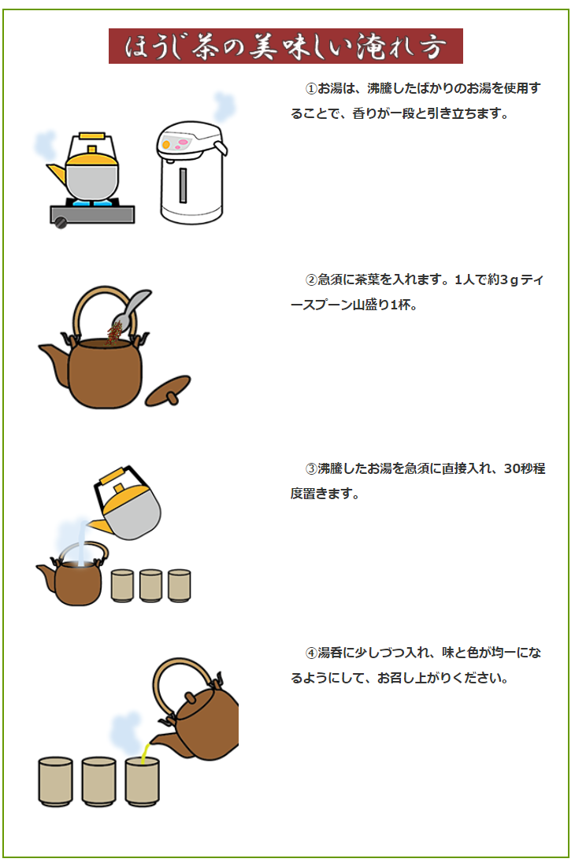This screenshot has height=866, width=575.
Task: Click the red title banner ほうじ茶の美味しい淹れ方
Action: click(x=285, y=46)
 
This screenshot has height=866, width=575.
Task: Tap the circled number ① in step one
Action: click(x=310, y=89)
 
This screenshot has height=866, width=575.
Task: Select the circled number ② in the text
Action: click(x=310, y=279)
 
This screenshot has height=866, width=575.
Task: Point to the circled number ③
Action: click(x=310, y=469)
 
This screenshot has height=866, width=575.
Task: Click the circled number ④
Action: click(x=310, y=653)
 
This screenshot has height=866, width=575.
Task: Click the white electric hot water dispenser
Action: click(x=191, y=173)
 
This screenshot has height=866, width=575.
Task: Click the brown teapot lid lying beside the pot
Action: click(x=169, y=390)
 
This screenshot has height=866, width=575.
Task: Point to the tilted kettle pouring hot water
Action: click(x=128, y=504)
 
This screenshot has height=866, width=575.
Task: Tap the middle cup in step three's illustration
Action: click(x=150, y=586)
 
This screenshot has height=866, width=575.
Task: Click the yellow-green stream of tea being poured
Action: click(x=144, y=753)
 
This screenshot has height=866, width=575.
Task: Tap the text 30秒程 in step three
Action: click(x=524, y=469)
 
